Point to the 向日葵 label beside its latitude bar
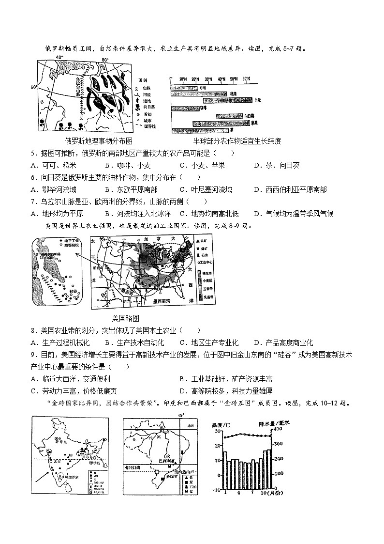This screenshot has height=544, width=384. tap(250, 116)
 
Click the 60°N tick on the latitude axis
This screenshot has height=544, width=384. tap(246, 78)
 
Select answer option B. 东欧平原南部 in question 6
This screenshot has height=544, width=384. tap(131, 189)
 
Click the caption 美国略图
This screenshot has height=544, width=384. tap(125, 318)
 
